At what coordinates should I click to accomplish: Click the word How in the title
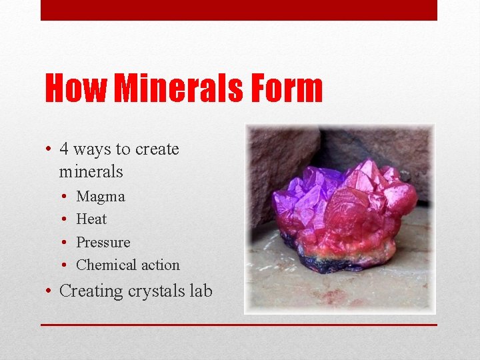coord(75,89)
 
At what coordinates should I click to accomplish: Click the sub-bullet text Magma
coord(101,197)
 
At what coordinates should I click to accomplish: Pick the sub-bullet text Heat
coord(91,219)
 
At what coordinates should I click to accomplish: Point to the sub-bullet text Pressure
coord(103,242)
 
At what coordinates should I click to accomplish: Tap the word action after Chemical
coord(160,265)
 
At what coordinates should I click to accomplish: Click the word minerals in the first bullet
coord(91,172)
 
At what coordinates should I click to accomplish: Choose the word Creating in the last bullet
coord(90,291)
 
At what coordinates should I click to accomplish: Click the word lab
coord(200,291)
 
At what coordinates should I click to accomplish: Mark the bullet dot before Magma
coord(61,197)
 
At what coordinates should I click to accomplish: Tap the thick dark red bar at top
coord(239,10)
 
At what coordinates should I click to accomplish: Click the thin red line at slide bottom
coord(239,325)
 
